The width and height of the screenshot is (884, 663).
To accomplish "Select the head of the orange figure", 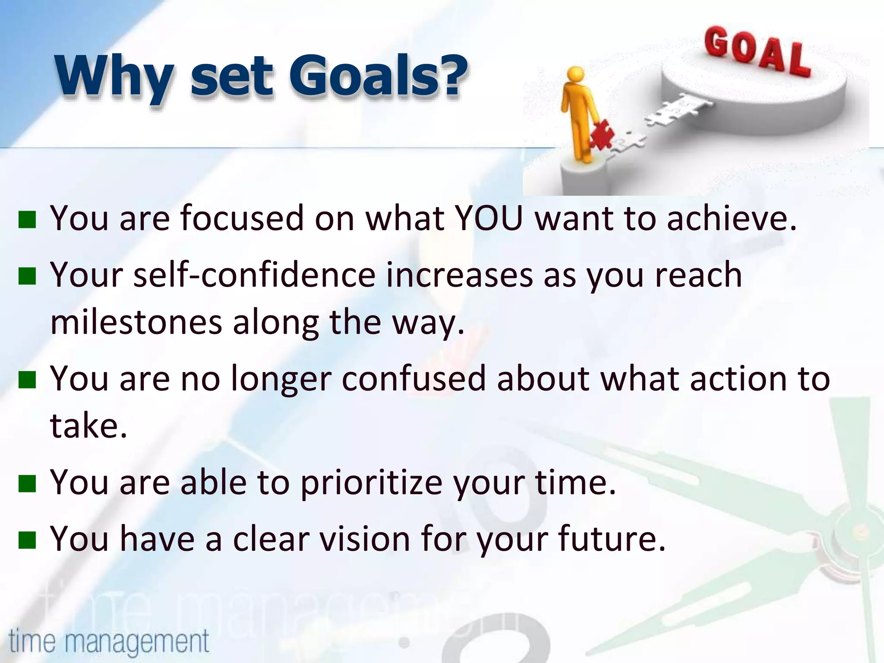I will tap(575, 76).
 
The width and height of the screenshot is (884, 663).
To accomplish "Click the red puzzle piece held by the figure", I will tap(603, 135).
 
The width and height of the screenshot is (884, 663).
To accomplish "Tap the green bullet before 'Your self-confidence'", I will tap(27, 276).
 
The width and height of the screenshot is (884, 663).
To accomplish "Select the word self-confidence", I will tap(255, 275).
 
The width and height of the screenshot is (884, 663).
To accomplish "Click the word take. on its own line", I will tap(88, 426).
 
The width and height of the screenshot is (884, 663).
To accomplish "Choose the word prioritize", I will tap(371, 483).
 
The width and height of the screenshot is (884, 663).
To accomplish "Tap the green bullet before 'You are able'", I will tap(27, 483).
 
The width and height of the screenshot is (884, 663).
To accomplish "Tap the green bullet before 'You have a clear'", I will tap(27, 540).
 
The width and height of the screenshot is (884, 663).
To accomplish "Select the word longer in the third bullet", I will tap(281, 379).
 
